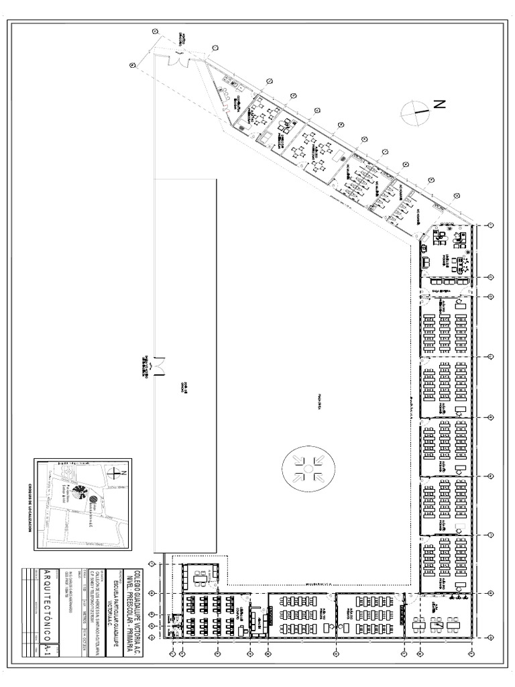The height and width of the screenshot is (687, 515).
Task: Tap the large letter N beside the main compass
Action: [x=439, y=104]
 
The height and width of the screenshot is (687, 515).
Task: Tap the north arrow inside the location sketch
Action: [x=120, y=472]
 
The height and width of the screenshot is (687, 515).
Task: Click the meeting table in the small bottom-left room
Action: [x=201, y=578]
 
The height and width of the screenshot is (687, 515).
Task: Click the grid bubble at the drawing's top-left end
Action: [x=133, y=65]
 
